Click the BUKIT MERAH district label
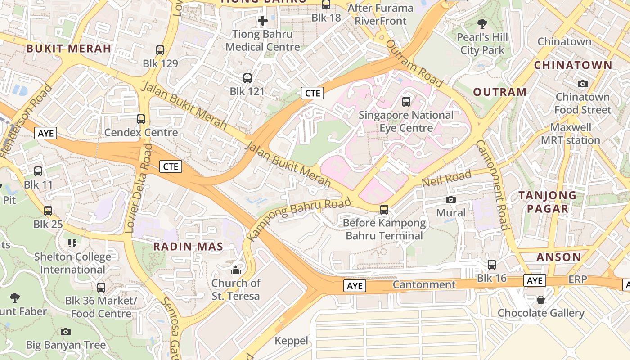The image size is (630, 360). tap(69, 49)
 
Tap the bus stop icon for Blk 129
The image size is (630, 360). tap(160, 50)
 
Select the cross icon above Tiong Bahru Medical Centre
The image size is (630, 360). tap(263, 21)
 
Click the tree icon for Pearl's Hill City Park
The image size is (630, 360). tap(482, 23)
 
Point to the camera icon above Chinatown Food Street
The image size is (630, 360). tap(583, 84)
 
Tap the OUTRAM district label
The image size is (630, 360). tap(499, 92)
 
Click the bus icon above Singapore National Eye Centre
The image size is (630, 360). tap(406, 102)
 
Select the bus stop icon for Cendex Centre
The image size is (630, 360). tap(141, 119)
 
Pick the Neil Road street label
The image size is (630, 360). tap(446, 179)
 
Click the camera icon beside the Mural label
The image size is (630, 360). tap(451, 200)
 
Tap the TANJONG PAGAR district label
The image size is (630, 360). tap(547, 202)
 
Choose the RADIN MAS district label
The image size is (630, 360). tap(188, 247)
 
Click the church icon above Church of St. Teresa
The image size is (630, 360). tap(236, 270)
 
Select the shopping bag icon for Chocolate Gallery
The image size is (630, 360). tap(541, 300)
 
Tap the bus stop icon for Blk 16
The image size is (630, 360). tap(492, 265)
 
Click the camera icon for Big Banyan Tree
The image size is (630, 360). tap(66, 332)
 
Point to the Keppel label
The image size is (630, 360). tap(291, 341)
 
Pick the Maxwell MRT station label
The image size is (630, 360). tap(571, 134)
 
